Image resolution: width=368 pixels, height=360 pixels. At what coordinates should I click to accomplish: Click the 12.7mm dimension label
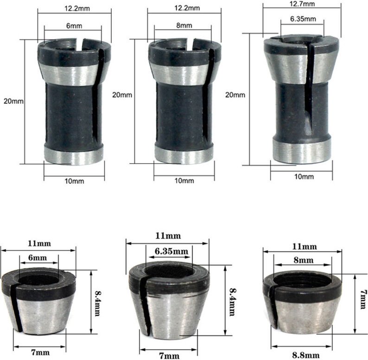pos(302,4)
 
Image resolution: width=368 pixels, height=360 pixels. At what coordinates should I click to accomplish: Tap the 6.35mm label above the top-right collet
pos(303,19)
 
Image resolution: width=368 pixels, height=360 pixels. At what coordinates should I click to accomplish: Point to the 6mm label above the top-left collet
pos(71,26)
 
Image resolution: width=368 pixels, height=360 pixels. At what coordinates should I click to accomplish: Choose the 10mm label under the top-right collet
pos(304,177)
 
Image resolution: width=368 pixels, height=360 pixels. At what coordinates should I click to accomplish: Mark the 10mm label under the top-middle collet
pos(184,180)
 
